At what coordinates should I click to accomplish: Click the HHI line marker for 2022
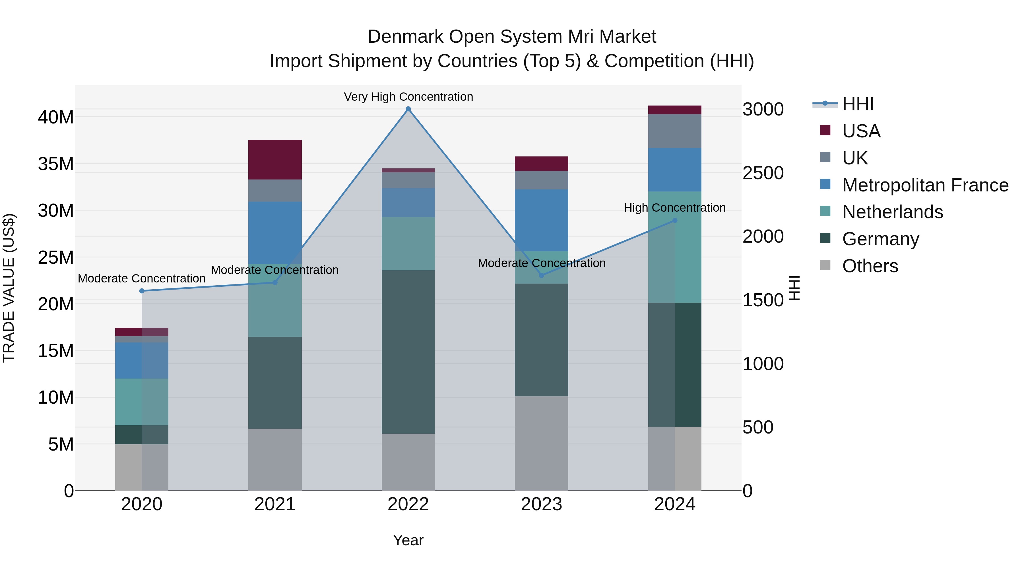click(x=408, y=109)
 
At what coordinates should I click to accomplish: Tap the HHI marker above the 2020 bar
click(x=142, y=291)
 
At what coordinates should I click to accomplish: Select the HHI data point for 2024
click(x=675, y=221)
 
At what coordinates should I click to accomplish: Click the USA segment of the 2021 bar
click(x=275, y=160)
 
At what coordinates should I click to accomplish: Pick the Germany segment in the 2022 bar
click(x=408, y=352)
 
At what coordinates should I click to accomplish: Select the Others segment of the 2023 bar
click(x=541, y=443)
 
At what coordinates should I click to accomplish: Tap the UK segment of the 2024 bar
click(x=675, y=131)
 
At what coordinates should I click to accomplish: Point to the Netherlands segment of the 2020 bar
click(x=142, y=402)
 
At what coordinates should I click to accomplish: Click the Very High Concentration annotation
click(x=408, y=97)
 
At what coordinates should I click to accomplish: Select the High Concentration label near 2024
click(x=675, y=208)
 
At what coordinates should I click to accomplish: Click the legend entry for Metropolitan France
click(x=925, y=185)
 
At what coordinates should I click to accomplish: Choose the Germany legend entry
click(x=880, y=239)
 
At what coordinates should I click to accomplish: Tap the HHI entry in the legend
click(x=858, y=104)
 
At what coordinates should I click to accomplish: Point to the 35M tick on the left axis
click(x=56, y=164)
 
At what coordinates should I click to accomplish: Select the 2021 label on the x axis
click(x=275, y=504)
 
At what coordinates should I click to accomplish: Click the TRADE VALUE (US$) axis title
click(x=9, y=288)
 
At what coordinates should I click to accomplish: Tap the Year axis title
click(x=408, y=540)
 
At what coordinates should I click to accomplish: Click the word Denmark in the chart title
click(x=405, y=37)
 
